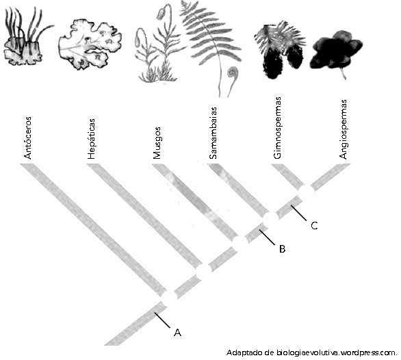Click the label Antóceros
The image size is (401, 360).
pos(27,138)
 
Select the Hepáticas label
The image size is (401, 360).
pos(91,139)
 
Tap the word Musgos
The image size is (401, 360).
pos(157,143)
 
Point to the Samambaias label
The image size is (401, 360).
pos(213,133)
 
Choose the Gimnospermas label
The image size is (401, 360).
pos(277,128)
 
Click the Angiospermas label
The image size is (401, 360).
pos(343,129)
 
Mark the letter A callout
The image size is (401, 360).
pos(177,333)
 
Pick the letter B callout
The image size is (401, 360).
pos(282,248)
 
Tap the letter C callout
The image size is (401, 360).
pos(314,226)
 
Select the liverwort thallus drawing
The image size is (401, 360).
pos(90,44)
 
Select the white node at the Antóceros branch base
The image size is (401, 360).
pos(168,297)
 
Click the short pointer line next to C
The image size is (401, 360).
pos(299,213)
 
